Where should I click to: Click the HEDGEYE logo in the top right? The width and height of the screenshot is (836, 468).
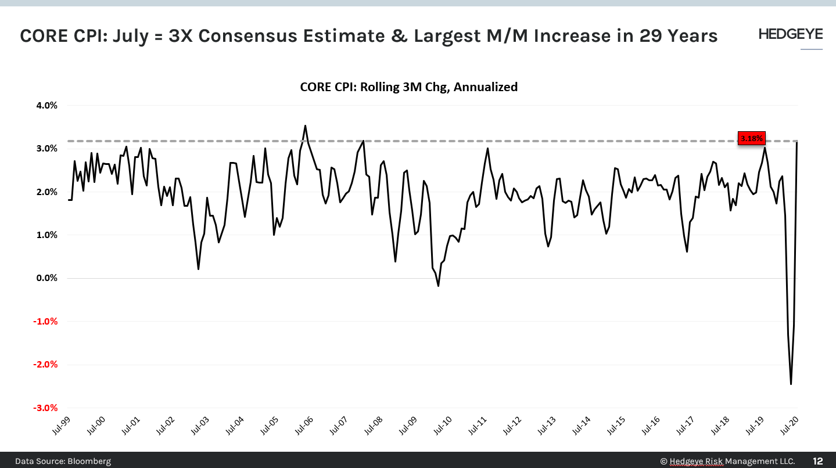pos(790,34)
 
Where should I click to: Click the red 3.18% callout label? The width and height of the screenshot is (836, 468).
pos(751,138)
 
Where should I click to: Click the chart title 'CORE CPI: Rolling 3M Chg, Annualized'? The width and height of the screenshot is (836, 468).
pos(408,87)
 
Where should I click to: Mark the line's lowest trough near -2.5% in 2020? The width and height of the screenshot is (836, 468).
pos(791,384)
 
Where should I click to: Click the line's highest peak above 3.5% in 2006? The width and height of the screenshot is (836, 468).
pos(306,125)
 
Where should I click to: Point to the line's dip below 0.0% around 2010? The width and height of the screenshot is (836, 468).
pos(438,286)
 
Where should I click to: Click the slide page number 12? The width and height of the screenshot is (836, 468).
pos(817,461)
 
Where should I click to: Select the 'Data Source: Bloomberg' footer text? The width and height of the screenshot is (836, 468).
pos(63,461)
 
